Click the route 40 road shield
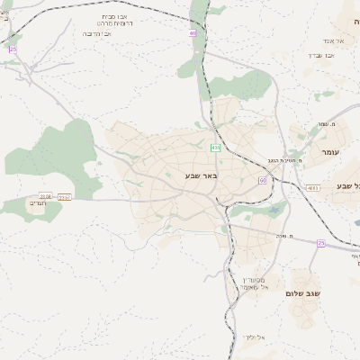click(x=192, y=32)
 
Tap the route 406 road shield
click(x=215, y=147)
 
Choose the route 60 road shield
click(x=263, y=180)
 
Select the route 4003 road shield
click(x=312, y=187)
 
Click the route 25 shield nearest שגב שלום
click(x=320, y=243)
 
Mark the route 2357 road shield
click(x=66, y=195)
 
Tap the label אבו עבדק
click(x=321, y=55)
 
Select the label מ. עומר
click(x=327, y=124)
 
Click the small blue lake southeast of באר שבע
click(x=271, y=211)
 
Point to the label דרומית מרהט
click(x=115, y=24)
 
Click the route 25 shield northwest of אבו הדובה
click(x=13, y=49)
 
